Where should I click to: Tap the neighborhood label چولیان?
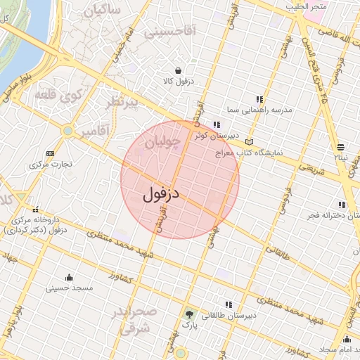tap(163, 143)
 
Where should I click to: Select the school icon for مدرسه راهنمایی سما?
tap(259, 99)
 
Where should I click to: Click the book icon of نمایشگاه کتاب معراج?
tap(249, 142)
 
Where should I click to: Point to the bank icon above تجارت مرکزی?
tap(50, 153)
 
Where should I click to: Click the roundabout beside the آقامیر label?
tap(67, 130)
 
